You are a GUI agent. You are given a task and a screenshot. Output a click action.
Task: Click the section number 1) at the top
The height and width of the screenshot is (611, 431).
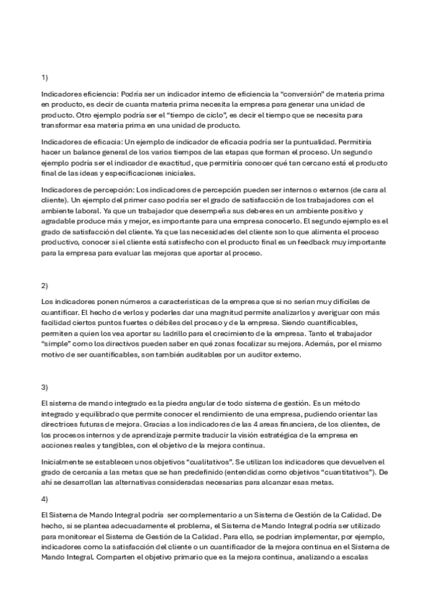[45, 76]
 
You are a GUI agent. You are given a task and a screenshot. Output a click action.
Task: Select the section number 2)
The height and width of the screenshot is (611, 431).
[45, 285]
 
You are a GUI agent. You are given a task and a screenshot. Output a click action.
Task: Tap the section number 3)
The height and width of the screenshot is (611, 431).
[45, 387]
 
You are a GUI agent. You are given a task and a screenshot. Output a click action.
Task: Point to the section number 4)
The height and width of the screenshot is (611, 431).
[45, 499]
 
